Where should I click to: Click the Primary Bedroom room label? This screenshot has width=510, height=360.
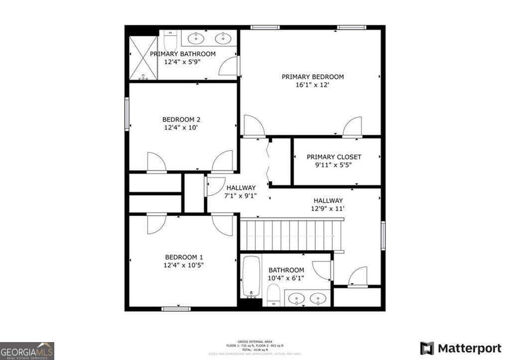tap(313, 77)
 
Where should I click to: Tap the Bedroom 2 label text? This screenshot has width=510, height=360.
tap(181, 120)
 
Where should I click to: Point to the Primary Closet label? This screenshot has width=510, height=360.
tap(334, 157)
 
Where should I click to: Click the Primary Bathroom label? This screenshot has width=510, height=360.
tap(183, 54)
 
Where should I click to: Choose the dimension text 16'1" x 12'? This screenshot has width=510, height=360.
tap(313, 85)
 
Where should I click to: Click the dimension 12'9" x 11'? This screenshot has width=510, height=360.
tap(328, 209)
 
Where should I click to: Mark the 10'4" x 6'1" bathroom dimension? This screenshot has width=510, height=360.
tap(286, 278)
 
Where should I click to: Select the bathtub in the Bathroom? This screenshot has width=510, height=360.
tap(252, 276)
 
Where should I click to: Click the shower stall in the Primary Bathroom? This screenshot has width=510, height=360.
tap(143, 58)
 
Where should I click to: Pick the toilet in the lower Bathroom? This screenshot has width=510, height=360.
tap(273, 298)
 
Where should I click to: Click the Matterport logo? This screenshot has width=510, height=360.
tap(461, 348)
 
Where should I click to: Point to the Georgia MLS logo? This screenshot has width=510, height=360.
tap(27, 351)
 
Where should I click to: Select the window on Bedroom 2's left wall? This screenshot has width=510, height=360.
tap(127, 114)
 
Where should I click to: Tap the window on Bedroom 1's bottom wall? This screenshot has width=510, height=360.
tap(176, 309)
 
